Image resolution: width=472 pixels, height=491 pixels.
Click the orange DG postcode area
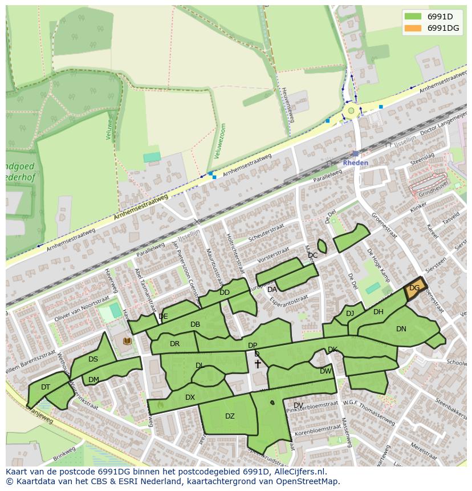[x=415, y=288]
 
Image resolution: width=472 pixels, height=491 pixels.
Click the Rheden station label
[x=355, y=163]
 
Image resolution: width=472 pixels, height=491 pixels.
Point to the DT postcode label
[x=46, y=387]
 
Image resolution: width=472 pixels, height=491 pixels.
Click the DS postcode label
[x=93, y=359]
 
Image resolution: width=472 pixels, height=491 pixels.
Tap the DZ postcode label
[x=230, y=416]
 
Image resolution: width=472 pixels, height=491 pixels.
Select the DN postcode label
[x=401, y=329]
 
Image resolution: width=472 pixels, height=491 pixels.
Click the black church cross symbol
[x=258, y=364]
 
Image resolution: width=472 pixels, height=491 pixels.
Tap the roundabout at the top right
[x=351, y=111]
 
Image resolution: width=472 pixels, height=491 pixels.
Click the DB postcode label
[x=195, y=324]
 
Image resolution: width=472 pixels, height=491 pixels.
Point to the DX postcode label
[x=190, y=397]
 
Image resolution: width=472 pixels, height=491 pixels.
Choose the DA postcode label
[x=272, y=290]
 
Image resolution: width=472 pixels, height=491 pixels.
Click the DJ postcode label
[x=350, y=313]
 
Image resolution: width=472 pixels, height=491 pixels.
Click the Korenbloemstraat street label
[x=317, y=427]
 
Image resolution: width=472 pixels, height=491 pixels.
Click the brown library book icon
[x=127, y=341]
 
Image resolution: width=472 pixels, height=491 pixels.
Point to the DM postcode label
[x=93, y=380]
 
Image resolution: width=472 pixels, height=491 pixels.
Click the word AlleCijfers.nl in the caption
[x=296, y=472]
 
